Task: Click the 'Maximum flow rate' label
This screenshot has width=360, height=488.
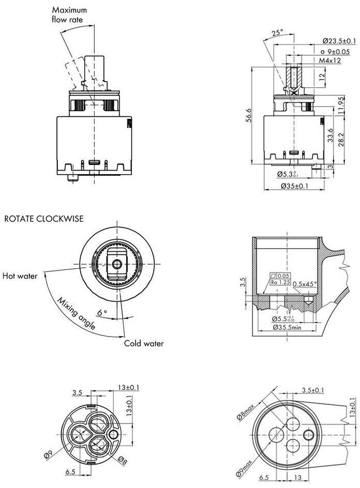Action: [x=69, y=14]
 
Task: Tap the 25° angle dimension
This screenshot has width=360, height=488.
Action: [x=277, y=33]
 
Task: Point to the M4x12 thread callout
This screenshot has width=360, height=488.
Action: [x=330, y=60]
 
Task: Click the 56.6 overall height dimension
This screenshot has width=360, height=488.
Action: [x=248, y=115]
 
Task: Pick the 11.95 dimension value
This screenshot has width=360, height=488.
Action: [x=341, y=105]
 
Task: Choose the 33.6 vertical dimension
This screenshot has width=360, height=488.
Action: [x=331, y=135]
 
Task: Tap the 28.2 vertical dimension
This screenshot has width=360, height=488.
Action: [x=341, y=140]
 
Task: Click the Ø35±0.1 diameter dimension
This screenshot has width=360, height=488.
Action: [x=294, y=186]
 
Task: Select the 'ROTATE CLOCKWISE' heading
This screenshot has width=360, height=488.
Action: [x=44, y=219]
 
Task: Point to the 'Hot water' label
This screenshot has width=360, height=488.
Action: [x=20, y=276]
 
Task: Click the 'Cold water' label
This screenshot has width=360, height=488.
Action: [x=144, y=343]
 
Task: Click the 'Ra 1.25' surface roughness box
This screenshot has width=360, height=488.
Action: [x=280, y=282]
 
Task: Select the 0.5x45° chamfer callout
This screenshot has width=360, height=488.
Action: [x=305, y=283]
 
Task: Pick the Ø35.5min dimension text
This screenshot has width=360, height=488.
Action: [x=287, y=327]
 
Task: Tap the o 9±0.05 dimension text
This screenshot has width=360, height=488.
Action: [x=335, y=52]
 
